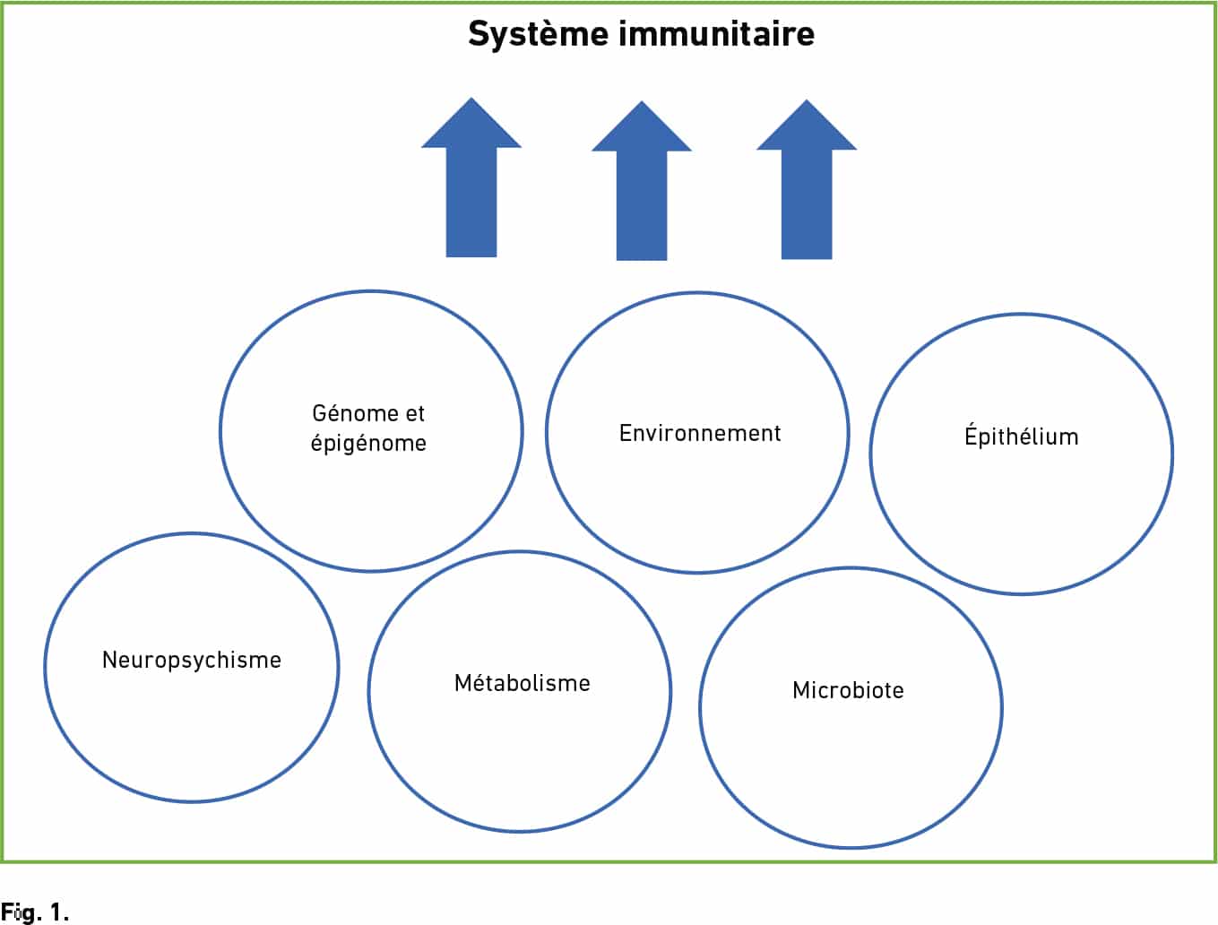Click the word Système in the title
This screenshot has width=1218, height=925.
point(539,34)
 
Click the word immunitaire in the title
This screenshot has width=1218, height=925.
point(716,33)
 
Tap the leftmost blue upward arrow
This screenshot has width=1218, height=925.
point(471,177)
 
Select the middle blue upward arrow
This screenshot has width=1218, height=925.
point(642,180)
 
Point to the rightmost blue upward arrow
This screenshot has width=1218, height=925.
point(807,179)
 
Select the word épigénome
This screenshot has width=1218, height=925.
point(368,444)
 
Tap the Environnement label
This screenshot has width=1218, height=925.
point(700,433)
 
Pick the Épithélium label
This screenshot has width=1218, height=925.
point(1021,435)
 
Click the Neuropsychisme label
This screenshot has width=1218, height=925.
point(192,660)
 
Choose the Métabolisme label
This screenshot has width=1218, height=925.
point(522,682)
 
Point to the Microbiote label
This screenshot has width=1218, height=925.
point(848,690)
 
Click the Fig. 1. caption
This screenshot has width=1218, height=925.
point(35,912)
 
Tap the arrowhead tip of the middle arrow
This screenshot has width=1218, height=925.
point(642,101)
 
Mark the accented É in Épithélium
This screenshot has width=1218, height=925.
point(971,435)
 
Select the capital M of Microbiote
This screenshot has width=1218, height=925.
point(800,690)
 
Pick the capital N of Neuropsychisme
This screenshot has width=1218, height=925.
point(110,660)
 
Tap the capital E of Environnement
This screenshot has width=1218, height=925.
point(626,433)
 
